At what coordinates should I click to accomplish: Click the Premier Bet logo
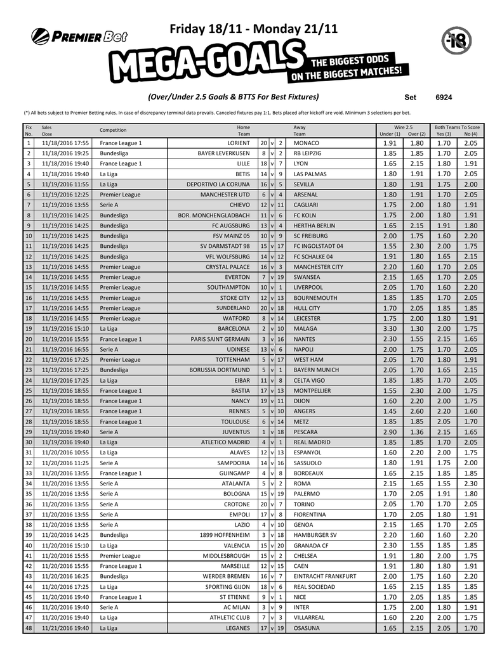[x=79, y=36]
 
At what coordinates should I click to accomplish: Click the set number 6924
[x=444, y=98]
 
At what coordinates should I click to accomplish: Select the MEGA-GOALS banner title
[x=203, y=63]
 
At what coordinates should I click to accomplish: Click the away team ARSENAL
[x=307, y=195]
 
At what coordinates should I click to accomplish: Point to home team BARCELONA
[x=234, y=329]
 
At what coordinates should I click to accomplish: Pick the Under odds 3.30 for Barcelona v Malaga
[x=390, y=329]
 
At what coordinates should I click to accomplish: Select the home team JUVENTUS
[x=235, y=432]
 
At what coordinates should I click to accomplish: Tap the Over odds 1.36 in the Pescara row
[x=416, y=432]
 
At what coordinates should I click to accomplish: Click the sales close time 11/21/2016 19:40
[x=65, y=629]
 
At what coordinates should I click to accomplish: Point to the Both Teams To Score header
[x=457, y=127]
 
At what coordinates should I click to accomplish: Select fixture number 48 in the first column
[x=28, y=629]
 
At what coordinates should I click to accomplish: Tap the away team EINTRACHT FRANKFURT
[x=325, y=577]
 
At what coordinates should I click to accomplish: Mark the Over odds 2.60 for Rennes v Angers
[x=416, y=411]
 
